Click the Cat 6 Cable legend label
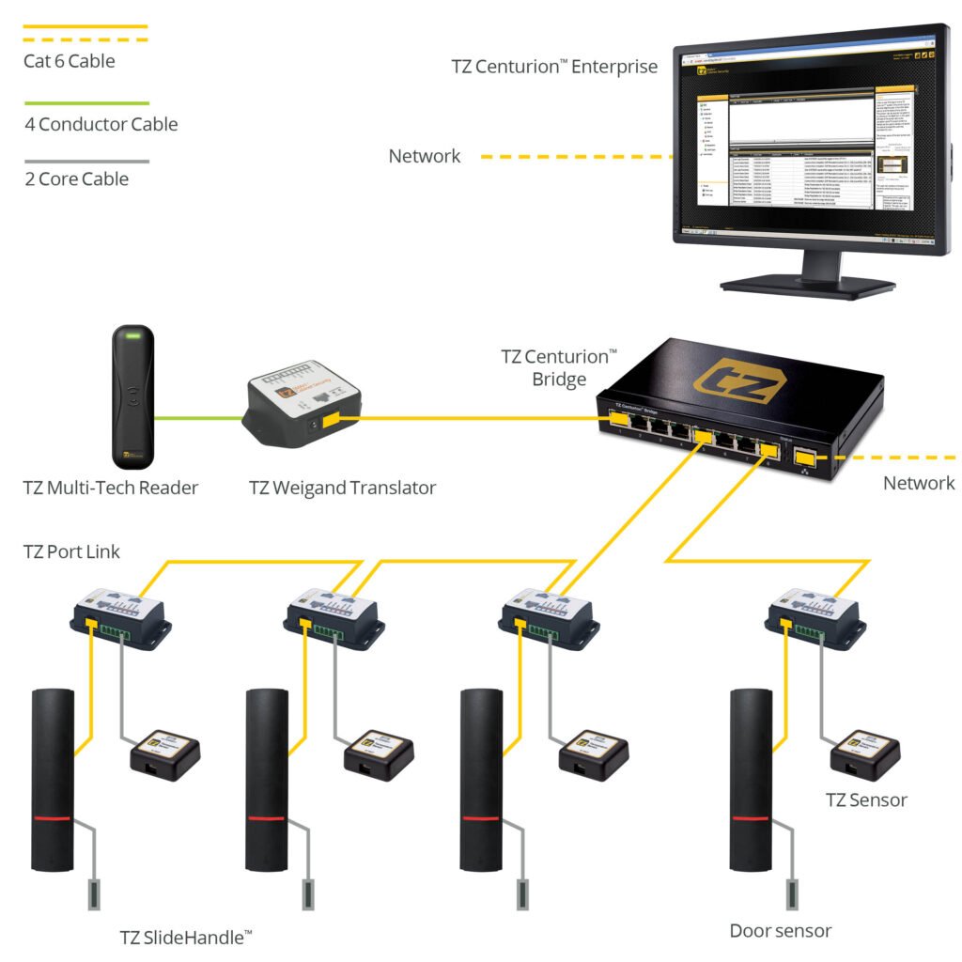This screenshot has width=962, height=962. [69, 62]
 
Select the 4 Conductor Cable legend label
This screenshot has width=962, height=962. [101, 124]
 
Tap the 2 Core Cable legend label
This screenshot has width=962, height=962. [77, 178]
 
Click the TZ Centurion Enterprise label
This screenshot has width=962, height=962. [554, 67]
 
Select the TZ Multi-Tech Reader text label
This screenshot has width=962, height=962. [111, 488]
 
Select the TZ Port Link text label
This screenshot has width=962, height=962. [71, 551]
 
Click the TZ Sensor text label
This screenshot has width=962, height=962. [866, 800]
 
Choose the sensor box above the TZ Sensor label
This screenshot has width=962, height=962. [863, 751]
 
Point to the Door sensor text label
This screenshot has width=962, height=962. [780, 931]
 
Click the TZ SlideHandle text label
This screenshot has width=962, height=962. [185, 937]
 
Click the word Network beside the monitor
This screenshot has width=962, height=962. [425, 157]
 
